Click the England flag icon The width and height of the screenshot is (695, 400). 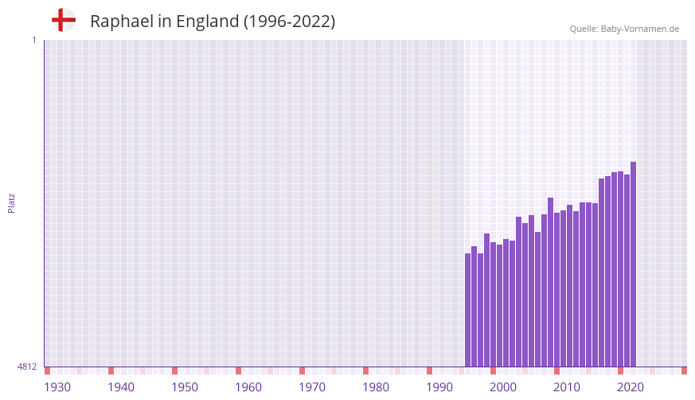tap(63, 21)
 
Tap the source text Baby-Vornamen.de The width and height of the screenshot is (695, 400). tap(640, 29)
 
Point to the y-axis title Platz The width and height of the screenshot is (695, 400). tap(11, 203)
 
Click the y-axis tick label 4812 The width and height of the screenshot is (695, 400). tap(27, 367)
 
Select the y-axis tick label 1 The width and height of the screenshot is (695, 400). tap(33, 40)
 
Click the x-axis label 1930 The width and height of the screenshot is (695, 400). tap(57, 387)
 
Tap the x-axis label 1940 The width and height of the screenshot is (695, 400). tap(121, 387)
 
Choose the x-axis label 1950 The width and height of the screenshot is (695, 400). tap(185, 387)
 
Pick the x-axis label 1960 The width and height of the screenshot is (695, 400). tap(248, 387)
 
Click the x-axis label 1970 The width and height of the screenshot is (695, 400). tap(312, 387)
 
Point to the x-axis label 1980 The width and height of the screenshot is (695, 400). tap(376, 387)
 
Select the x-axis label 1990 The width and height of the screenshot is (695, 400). tap(439, 387)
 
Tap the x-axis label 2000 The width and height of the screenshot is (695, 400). tap(503, 387)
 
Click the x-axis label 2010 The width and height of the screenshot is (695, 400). tap(567, 387)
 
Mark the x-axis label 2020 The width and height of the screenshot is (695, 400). tap(631, 387)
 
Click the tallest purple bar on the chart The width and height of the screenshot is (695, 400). tap(633, 263)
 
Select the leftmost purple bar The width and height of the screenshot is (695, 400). tap(468, 311)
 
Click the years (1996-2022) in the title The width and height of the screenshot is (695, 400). tap(290, 22)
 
